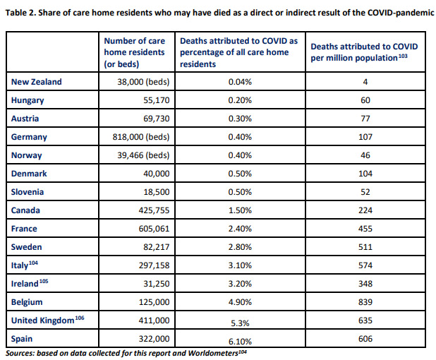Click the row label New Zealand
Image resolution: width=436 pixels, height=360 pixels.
point(37,82)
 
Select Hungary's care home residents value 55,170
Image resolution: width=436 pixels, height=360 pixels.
point(157,100)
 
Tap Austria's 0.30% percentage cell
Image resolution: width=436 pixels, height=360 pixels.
point(240,119)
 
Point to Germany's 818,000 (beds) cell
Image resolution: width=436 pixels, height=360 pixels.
point(141,137)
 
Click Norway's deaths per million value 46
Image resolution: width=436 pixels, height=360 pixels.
point(365,155)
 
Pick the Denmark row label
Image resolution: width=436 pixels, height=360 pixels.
point(29,174)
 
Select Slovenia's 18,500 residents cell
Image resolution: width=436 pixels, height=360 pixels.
point(157,192)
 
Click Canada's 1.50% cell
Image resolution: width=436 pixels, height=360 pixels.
point(240,210)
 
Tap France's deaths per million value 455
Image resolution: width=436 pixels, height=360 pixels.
point(365,229)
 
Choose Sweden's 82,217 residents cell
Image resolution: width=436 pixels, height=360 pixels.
point(157,247)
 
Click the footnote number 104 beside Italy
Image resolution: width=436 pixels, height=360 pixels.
point(33,263)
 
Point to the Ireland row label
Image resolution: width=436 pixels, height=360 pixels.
point(25,284)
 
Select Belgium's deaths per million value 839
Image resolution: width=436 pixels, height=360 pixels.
point(365,302)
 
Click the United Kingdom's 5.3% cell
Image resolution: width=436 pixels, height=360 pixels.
point(240,323)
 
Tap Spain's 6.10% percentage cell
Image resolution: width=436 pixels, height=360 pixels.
point(240,342)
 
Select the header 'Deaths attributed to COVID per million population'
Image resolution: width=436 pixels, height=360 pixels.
point(364,52)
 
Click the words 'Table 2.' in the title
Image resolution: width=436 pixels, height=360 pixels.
point(20,13)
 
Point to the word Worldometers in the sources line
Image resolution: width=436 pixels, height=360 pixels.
point(213,353)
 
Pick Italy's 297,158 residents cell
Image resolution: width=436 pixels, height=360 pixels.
point(154,265)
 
